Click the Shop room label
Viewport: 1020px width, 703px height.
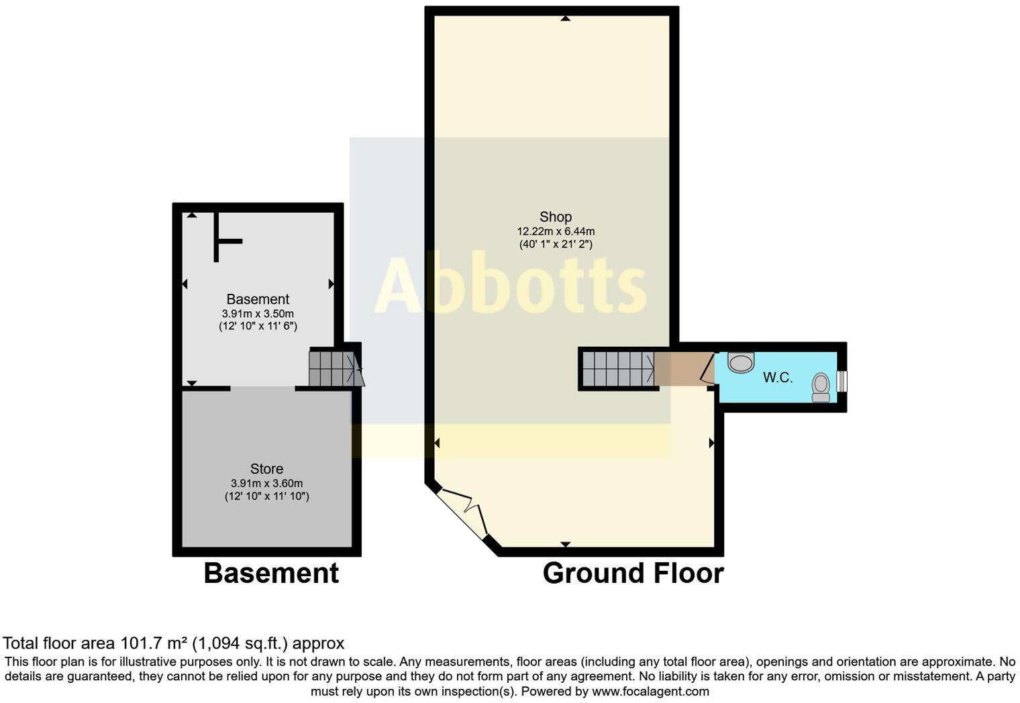tap(555, 217)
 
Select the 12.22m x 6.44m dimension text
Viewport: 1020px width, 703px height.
tap(555, 231)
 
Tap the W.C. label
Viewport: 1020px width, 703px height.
tap(778, 378)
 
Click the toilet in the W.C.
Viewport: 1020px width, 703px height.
tap(821, 387)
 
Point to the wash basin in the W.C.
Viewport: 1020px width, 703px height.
tap(741, 363)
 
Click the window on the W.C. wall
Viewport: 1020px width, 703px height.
tap(842, 381)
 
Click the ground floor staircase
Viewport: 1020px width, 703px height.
tap(618, 369)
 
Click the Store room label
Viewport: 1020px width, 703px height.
tap(266, 469)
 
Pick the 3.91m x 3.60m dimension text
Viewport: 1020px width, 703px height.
tap(266, 483)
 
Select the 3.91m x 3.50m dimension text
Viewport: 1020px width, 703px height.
tap(258, 313)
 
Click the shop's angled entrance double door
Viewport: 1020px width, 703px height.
tap(463, 514)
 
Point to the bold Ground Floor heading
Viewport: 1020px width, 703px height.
tap(633, 574)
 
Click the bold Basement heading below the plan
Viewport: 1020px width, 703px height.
tap(271, 574)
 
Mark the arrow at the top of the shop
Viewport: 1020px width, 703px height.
tap(565, 19)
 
